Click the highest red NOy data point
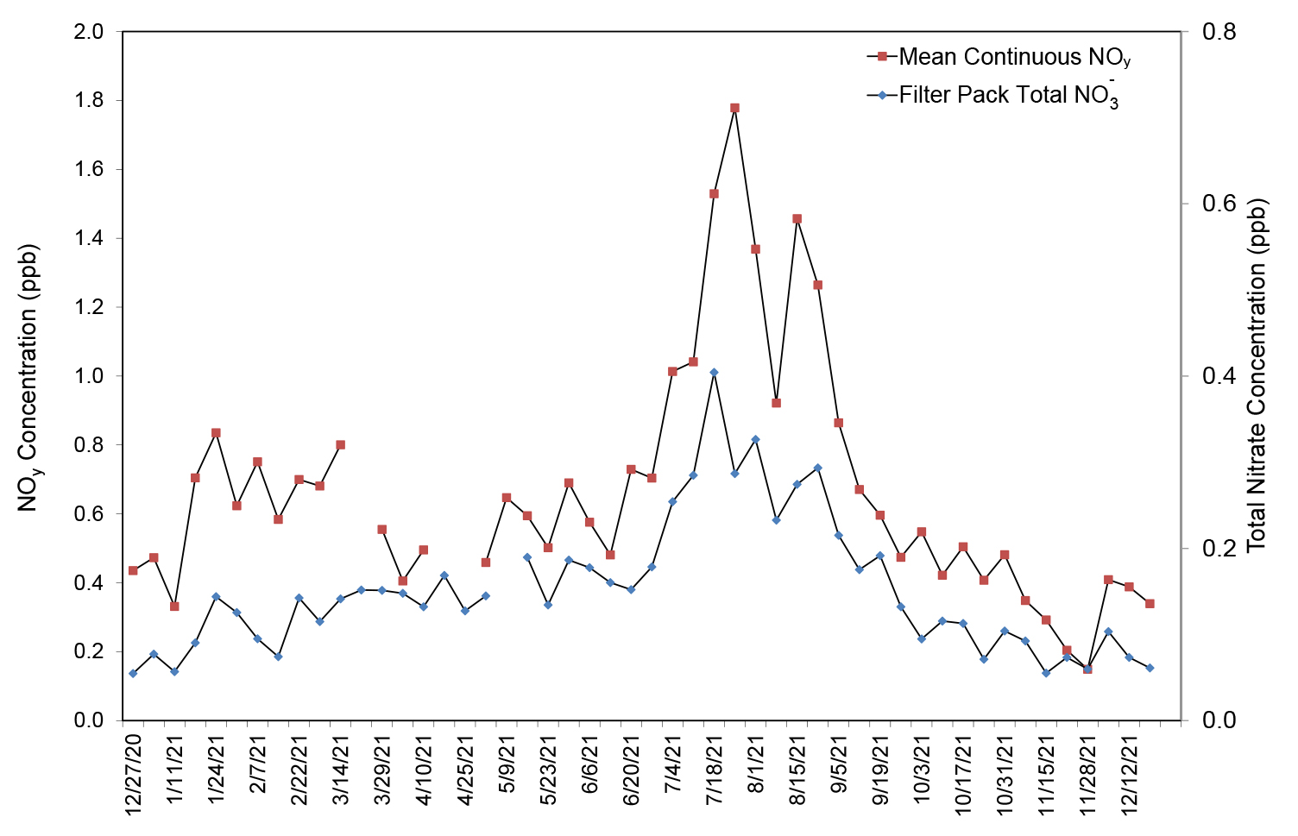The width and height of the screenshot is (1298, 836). click(734, 108)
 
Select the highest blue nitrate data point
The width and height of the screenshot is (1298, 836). click(714, 372)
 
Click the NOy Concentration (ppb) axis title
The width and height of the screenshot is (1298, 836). click(29, 378)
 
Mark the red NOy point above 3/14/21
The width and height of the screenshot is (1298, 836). click(340, 445)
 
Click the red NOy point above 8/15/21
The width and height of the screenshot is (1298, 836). click(797, 219)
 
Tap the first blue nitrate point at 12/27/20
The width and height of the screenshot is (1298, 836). click(133, 673)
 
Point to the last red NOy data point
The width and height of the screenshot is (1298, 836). click(1150, 604)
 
